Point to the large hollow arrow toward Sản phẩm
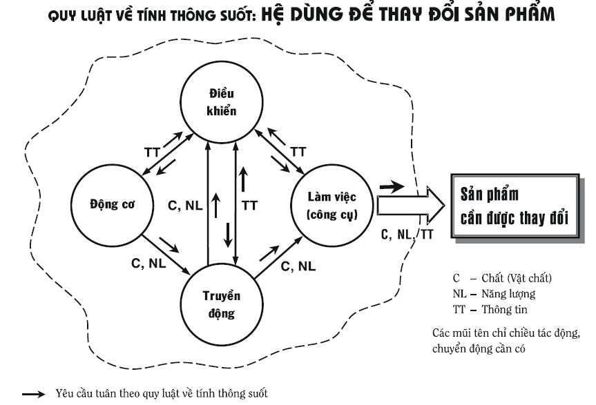[410, 206]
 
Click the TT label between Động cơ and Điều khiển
[152, 152]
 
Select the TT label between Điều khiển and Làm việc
[298, 152]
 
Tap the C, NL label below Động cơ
[148, 264]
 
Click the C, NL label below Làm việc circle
[298, 266]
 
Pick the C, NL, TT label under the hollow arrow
[407, 235]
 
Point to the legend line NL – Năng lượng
[494, 294]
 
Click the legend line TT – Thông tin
[490, 309]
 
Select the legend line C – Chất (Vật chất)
[502, 278]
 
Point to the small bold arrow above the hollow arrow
[392, 186]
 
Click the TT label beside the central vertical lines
[250, 206]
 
